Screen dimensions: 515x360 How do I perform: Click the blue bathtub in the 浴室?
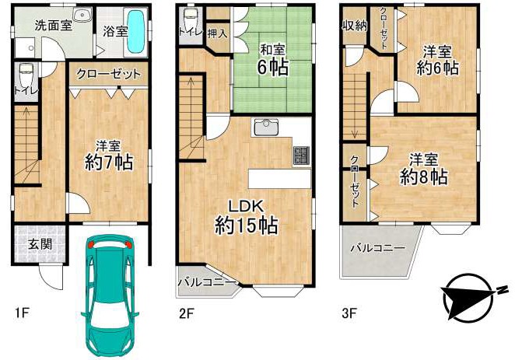click(135, 31)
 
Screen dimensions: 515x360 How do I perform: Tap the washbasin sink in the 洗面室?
click(81, 14)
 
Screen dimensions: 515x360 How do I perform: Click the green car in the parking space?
click(110, 295)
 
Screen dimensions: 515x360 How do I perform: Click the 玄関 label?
click(40, 244)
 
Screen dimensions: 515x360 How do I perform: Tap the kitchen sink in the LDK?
click(266, 127)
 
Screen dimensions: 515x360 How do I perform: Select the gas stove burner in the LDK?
click(302, 156)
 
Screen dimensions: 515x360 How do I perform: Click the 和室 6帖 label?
click(272, 60)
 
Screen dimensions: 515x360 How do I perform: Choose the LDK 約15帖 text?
click(247, 217)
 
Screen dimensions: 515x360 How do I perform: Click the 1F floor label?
click(22, 313)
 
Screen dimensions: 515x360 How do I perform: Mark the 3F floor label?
click(349, 313)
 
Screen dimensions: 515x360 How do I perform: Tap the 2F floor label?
click(187, 313)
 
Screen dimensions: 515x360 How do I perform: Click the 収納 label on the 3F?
click(355, 26)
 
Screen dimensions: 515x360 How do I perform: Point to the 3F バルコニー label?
click(378, 248)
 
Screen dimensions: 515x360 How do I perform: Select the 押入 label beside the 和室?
click(217, 33)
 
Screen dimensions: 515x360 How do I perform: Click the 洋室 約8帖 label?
click(423, 170)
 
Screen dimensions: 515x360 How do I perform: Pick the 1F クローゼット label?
click(108, 74)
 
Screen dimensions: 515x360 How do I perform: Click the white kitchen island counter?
click(279, 179)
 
